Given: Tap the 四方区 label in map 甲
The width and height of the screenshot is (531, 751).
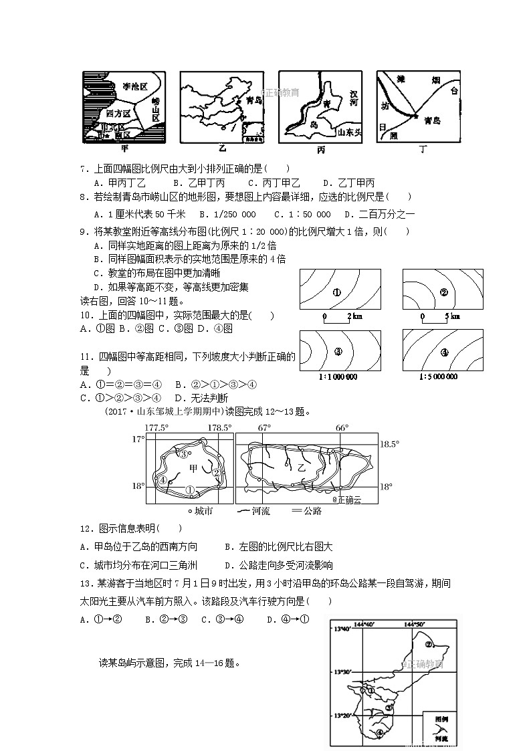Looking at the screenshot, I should pos(118,113).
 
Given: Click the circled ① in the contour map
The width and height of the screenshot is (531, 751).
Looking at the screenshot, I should pos(337,292).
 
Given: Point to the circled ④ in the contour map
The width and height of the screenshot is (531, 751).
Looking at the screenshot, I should pos(444,352).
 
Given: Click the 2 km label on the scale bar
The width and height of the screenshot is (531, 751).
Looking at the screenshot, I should pos(354,316).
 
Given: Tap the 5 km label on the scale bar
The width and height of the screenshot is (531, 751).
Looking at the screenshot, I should pos(452,316).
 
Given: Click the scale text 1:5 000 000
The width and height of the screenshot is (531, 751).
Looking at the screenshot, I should pos(439,377).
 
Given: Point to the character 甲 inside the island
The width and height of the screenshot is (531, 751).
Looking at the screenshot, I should pos(194,468).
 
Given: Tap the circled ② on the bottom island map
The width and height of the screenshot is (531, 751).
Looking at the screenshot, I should pos(430,645).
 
